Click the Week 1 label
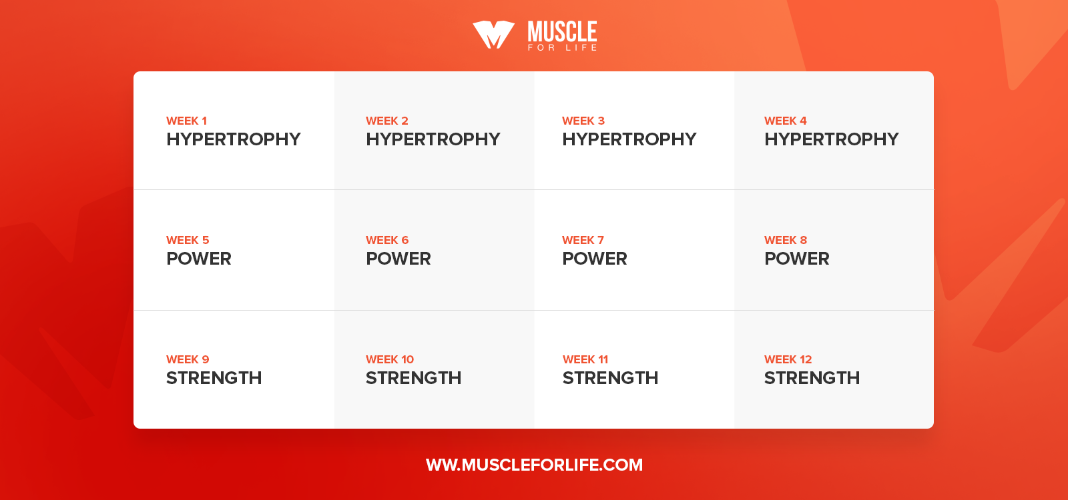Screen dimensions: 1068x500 186,121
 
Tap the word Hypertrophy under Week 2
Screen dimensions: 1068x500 433,139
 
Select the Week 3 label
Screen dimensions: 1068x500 583,121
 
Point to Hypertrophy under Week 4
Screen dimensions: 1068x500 832,139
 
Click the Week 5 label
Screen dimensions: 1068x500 188,240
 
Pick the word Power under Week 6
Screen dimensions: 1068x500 398,259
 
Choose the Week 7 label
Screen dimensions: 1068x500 583,240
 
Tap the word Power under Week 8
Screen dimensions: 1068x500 797,259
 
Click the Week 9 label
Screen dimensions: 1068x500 188,359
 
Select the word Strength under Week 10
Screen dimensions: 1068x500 413,378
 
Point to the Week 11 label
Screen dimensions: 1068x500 585,359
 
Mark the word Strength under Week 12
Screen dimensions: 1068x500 812,378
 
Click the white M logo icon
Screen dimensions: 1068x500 493,35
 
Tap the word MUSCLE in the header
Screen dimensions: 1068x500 562,31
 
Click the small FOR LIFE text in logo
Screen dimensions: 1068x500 562,47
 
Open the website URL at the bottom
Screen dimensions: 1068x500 534,465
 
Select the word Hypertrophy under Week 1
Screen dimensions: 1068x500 233,139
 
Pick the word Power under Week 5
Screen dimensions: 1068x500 198,259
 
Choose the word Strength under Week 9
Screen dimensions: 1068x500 214,378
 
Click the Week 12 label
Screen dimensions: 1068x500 788,359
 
